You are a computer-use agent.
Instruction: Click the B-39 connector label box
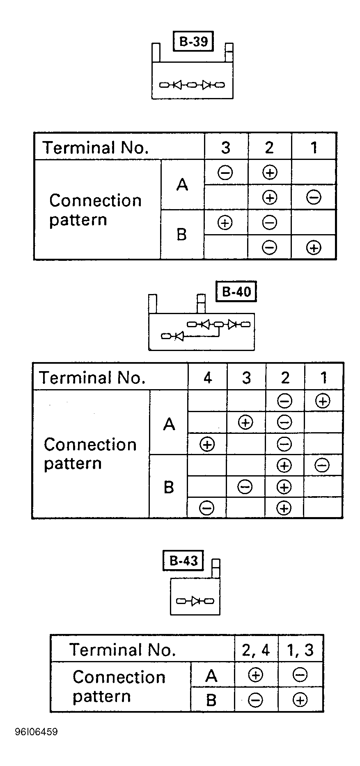[193, 41]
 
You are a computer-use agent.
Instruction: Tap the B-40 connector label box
[236, 292]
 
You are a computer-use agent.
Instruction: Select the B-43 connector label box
[183, 561]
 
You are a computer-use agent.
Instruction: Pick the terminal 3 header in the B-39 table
[225, 148]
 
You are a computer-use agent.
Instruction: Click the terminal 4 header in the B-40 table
[208, 378]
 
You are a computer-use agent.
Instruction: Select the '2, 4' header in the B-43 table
[256, 650]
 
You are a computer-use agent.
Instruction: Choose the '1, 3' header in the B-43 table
[300, 650]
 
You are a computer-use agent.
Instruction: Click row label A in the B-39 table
[182, 185]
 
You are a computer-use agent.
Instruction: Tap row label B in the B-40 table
[169, 487]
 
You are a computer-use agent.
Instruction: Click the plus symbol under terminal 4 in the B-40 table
[207, 444]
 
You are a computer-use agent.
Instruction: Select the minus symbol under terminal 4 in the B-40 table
[206, 508]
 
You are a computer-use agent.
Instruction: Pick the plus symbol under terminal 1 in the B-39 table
[314, 248]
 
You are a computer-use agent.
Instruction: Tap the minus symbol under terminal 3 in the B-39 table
[225, 172]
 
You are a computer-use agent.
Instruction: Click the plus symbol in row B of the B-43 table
[300, 700]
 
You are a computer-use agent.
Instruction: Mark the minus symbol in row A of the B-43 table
[300, 675]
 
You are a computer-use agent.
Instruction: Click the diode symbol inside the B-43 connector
[195, 601]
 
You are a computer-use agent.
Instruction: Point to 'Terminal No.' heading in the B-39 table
[95, 148]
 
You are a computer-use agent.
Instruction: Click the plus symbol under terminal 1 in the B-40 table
[323, 401]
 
